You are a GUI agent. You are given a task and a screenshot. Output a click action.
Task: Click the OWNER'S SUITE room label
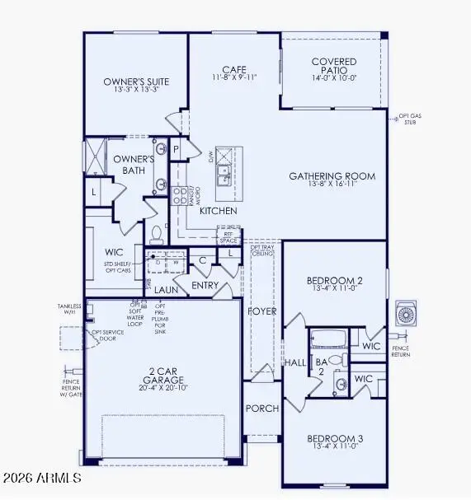coord(136,82)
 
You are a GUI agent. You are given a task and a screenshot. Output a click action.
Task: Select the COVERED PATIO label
coord(333,62)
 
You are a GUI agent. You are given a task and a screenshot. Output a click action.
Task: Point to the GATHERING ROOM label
coord(332,176)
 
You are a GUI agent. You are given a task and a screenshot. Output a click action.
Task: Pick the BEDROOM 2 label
coord(334,280)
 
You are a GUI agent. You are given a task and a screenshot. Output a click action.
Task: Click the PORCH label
coord(261,409)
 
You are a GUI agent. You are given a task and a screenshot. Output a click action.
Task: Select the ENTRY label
coord(204,285)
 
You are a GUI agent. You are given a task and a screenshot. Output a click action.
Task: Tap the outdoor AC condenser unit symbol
coord(407,314)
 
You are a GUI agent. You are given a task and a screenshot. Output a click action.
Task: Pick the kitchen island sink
coord(223,175)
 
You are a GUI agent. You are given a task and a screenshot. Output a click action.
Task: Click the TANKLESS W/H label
coord(68,309)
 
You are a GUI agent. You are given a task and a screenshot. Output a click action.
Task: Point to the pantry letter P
coord(176,149)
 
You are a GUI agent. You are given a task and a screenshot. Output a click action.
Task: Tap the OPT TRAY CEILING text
coord(263,250)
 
